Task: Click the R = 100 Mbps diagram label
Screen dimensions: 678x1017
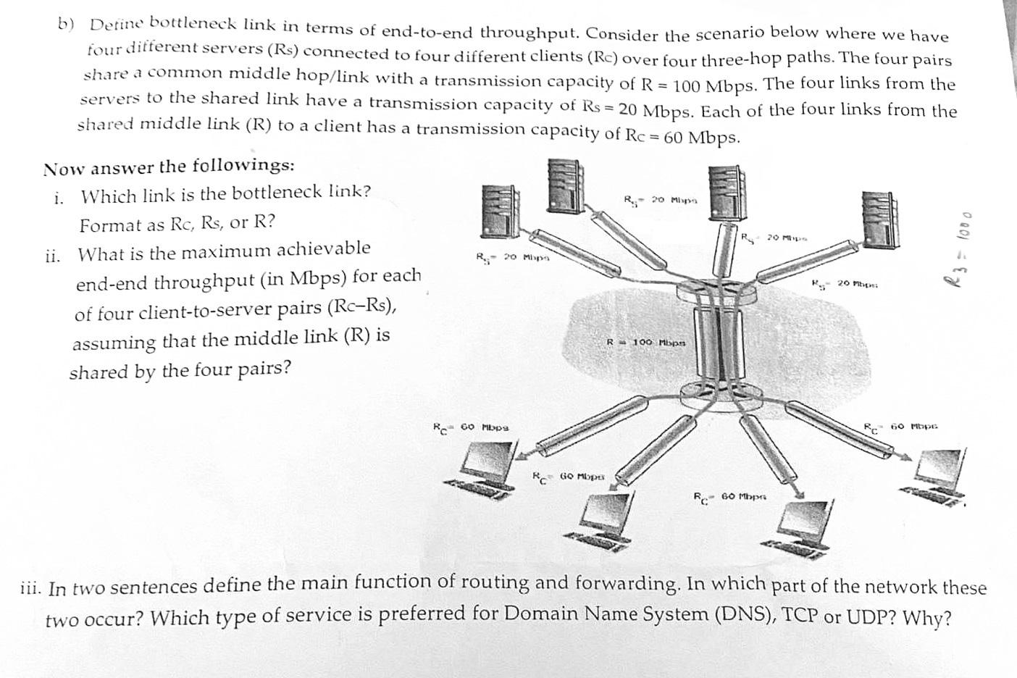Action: [647, 341]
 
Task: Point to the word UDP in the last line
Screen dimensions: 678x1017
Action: [869, 617]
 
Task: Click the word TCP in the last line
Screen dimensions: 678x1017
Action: [800, 616]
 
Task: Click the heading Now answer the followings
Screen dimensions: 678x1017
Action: [169, 167]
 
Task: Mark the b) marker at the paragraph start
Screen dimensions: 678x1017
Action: [67, 23]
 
